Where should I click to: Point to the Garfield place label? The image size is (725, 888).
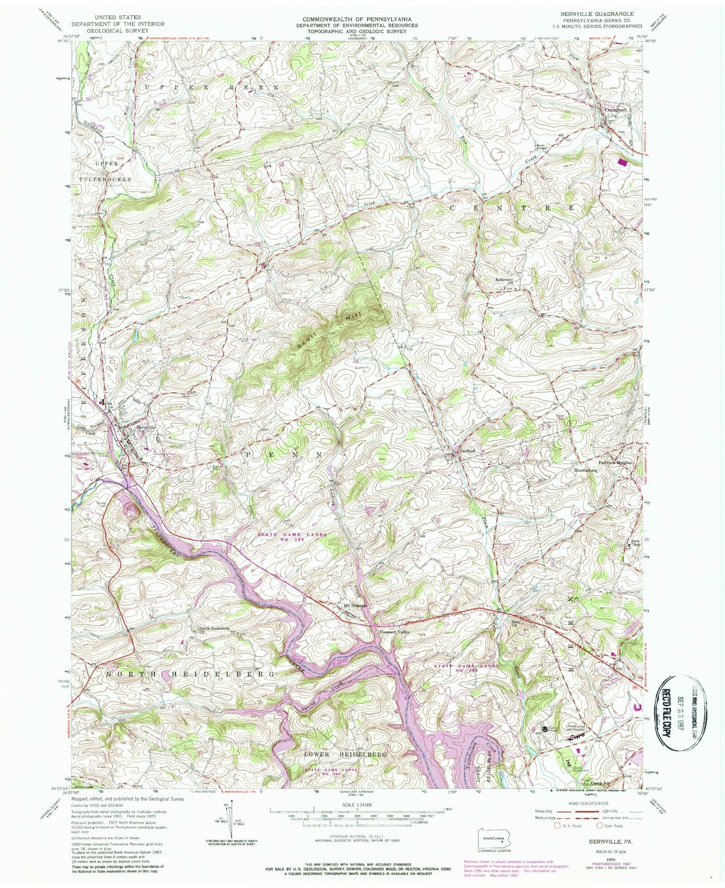tap(467, 450)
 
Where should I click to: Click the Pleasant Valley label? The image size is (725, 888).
tap(395, 632)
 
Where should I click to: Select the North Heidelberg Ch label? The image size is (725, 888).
tap(214, 629)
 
